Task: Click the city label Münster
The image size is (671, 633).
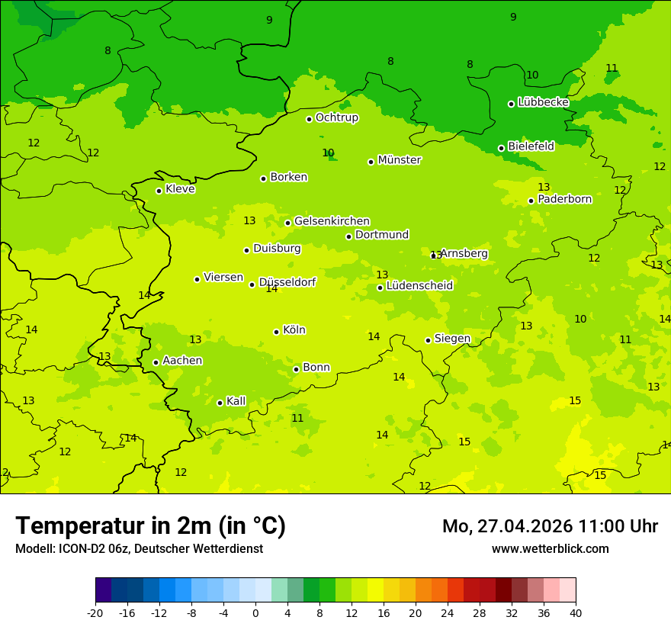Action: (400, 160)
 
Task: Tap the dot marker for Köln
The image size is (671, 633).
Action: (276, 332)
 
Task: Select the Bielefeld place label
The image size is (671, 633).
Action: (531, 146)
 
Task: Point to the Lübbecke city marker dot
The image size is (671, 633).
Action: (511, 104)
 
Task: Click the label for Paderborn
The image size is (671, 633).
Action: (564, 199)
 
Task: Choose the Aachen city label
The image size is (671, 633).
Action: (182, 360)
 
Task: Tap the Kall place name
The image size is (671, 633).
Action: (236, 400)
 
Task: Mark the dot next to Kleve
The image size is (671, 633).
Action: (159, 191)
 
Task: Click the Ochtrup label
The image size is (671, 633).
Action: (336, 117)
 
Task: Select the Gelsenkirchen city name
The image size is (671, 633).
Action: (332, 221)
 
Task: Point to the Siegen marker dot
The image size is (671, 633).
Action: (428, 340)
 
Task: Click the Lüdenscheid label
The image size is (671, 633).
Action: (419, 286)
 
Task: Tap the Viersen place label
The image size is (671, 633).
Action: (223, 278)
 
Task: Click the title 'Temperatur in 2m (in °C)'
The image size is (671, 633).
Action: (150, 526)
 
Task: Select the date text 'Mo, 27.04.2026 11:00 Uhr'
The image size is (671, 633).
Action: (550, 526)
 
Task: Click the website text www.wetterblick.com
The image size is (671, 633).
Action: (550, 548)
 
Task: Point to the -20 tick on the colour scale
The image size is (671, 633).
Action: (95, 612)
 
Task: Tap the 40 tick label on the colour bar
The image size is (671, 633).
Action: (575, 612)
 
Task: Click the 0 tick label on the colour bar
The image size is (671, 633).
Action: (255, 612)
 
